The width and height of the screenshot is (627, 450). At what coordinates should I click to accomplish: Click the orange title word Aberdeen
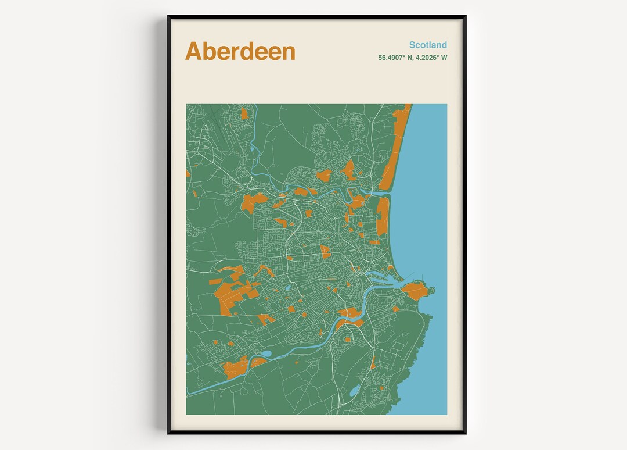[240, 52]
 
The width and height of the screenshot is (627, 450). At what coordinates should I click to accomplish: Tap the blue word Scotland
[428, 45]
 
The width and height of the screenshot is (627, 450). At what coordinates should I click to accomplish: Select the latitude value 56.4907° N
[395, 58]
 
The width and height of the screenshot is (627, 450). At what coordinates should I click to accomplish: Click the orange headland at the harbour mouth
[415, 290]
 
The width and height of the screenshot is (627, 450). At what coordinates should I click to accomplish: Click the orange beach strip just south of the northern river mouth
[383, 215]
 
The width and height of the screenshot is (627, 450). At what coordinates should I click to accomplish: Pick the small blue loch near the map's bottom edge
[354, 391]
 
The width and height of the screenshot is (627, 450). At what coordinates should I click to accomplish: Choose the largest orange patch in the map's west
[232, 294]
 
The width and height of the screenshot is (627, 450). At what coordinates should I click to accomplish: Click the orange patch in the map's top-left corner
[244, 113]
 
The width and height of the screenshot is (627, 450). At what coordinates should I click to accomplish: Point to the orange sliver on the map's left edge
[188, 173]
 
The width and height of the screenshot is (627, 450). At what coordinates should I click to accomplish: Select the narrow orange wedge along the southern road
[373, 362]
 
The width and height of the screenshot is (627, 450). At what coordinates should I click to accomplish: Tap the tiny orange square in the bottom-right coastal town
[381, 387]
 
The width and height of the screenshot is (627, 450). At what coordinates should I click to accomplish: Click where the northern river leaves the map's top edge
[255, 105]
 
